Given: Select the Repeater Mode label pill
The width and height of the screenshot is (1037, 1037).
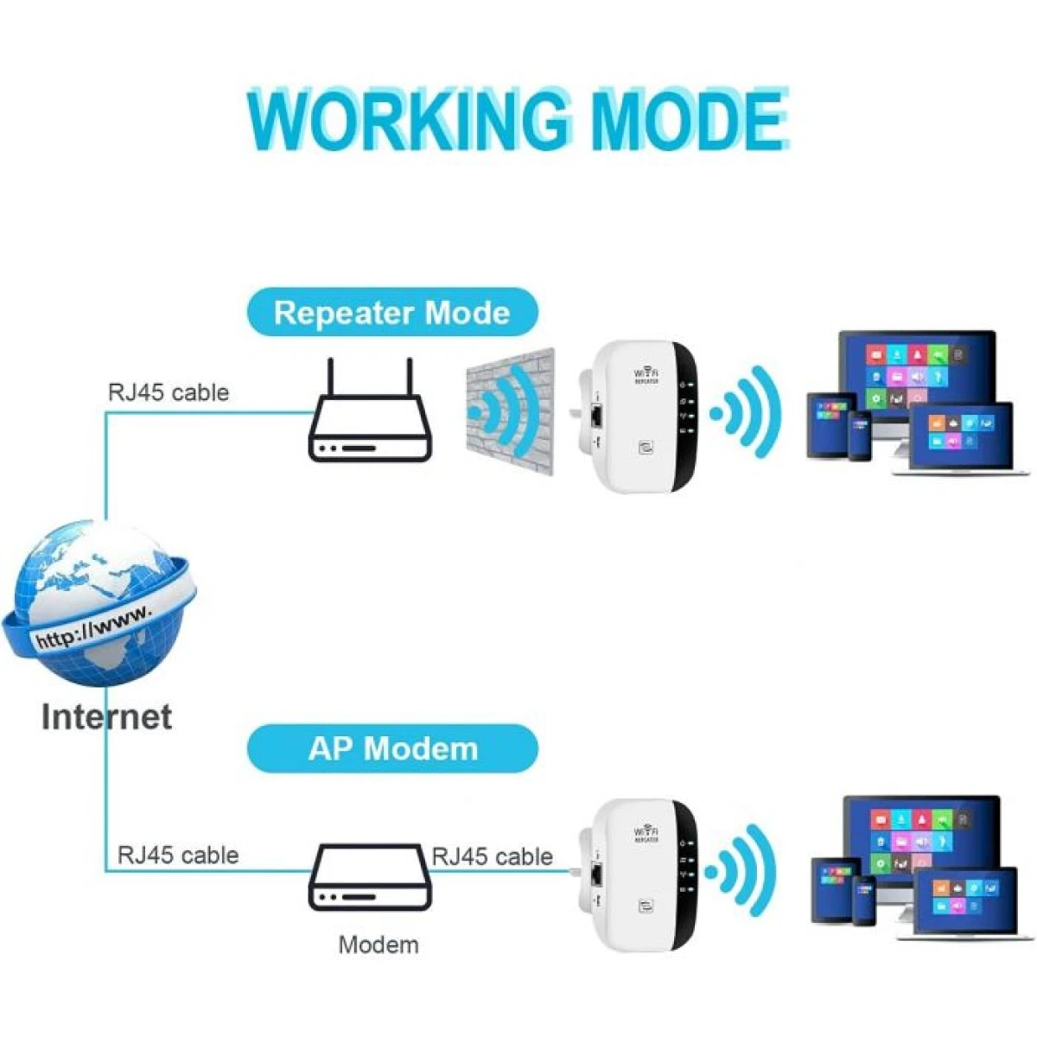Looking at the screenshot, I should (391, 312).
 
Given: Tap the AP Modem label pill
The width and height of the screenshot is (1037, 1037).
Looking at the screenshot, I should (392, 748).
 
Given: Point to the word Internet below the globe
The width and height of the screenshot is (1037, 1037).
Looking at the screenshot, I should (106, 716).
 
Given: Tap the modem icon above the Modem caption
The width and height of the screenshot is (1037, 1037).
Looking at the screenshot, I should (370, 877).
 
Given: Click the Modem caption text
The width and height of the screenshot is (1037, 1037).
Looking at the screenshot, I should (378, 945).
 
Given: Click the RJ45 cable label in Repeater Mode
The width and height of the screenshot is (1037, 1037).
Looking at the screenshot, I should (169, 392).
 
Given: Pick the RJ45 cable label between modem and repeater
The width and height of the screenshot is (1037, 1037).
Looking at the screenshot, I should (492, 856).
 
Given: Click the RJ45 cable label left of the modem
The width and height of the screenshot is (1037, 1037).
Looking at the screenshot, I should (178, 856).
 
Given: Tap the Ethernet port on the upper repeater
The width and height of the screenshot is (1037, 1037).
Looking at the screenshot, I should (596, 416).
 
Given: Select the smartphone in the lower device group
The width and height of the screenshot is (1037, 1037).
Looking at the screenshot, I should (864, 900).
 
